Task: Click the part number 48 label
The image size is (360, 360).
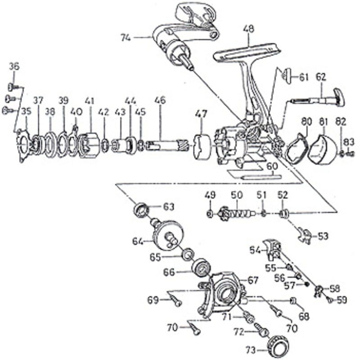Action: (x=249, y=29)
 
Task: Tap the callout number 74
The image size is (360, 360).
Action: (x=126, y=38)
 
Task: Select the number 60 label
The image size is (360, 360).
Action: (x=272, y=166)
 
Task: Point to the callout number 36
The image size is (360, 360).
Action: (x=14, y=67)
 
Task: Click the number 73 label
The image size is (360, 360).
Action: (x=251, y=351)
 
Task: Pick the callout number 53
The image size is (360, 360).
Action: (x=323, y=236)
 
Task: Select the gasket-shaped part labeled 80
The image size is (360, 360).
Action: (x=296, y=148)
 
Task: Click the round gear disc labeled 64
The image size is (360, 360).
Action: (x=168, y=235)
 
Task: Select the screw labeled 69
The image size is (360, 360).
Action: (x=176, y=301)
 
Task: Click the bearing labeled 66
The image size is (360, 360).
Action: (x=201, y=268)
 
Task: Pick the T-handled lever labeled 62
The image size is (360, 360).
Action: (x=318, y=99)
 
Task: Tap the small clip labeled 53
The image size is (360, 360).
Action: (x=305, y=235)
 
